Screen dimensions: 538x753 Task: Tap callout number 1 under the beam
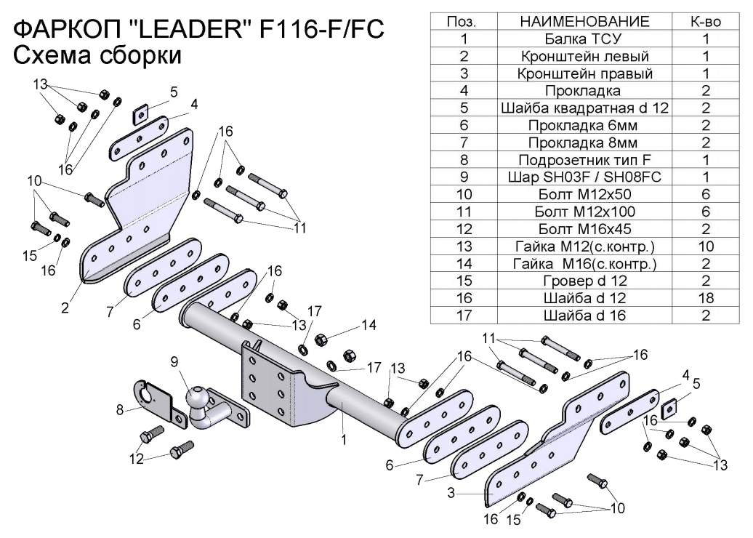pos(344,438)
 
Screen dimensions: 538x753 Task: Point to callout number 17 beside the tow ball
pos(374,367)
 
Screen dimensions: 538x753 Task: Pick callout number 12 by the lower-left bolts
pos(136,459)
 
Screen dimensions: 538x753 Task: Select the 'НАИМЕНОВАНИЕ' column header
pos(584,22)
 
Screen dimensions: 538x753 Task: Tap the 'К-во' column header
pos(705,22)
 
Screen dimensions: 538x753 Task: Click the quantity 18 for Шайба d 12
pos(705,298)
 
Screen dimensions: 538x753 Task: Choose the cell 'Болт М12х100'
pos(584,212)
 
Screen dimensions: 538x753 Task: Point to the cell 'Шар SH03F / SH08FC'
pos(584,177)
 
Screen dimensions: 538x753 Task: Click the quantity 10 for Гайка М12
pos(705,246)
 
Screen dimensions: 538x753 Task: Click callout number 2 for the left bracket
pos(65,308)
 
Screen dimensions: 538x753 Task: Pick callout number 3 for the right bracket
pos(451,493)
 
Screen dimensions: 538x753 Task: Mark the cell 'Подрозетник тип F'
pos(584,160)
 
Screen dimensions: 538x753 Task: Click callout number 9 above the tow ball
pos(174,361)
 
